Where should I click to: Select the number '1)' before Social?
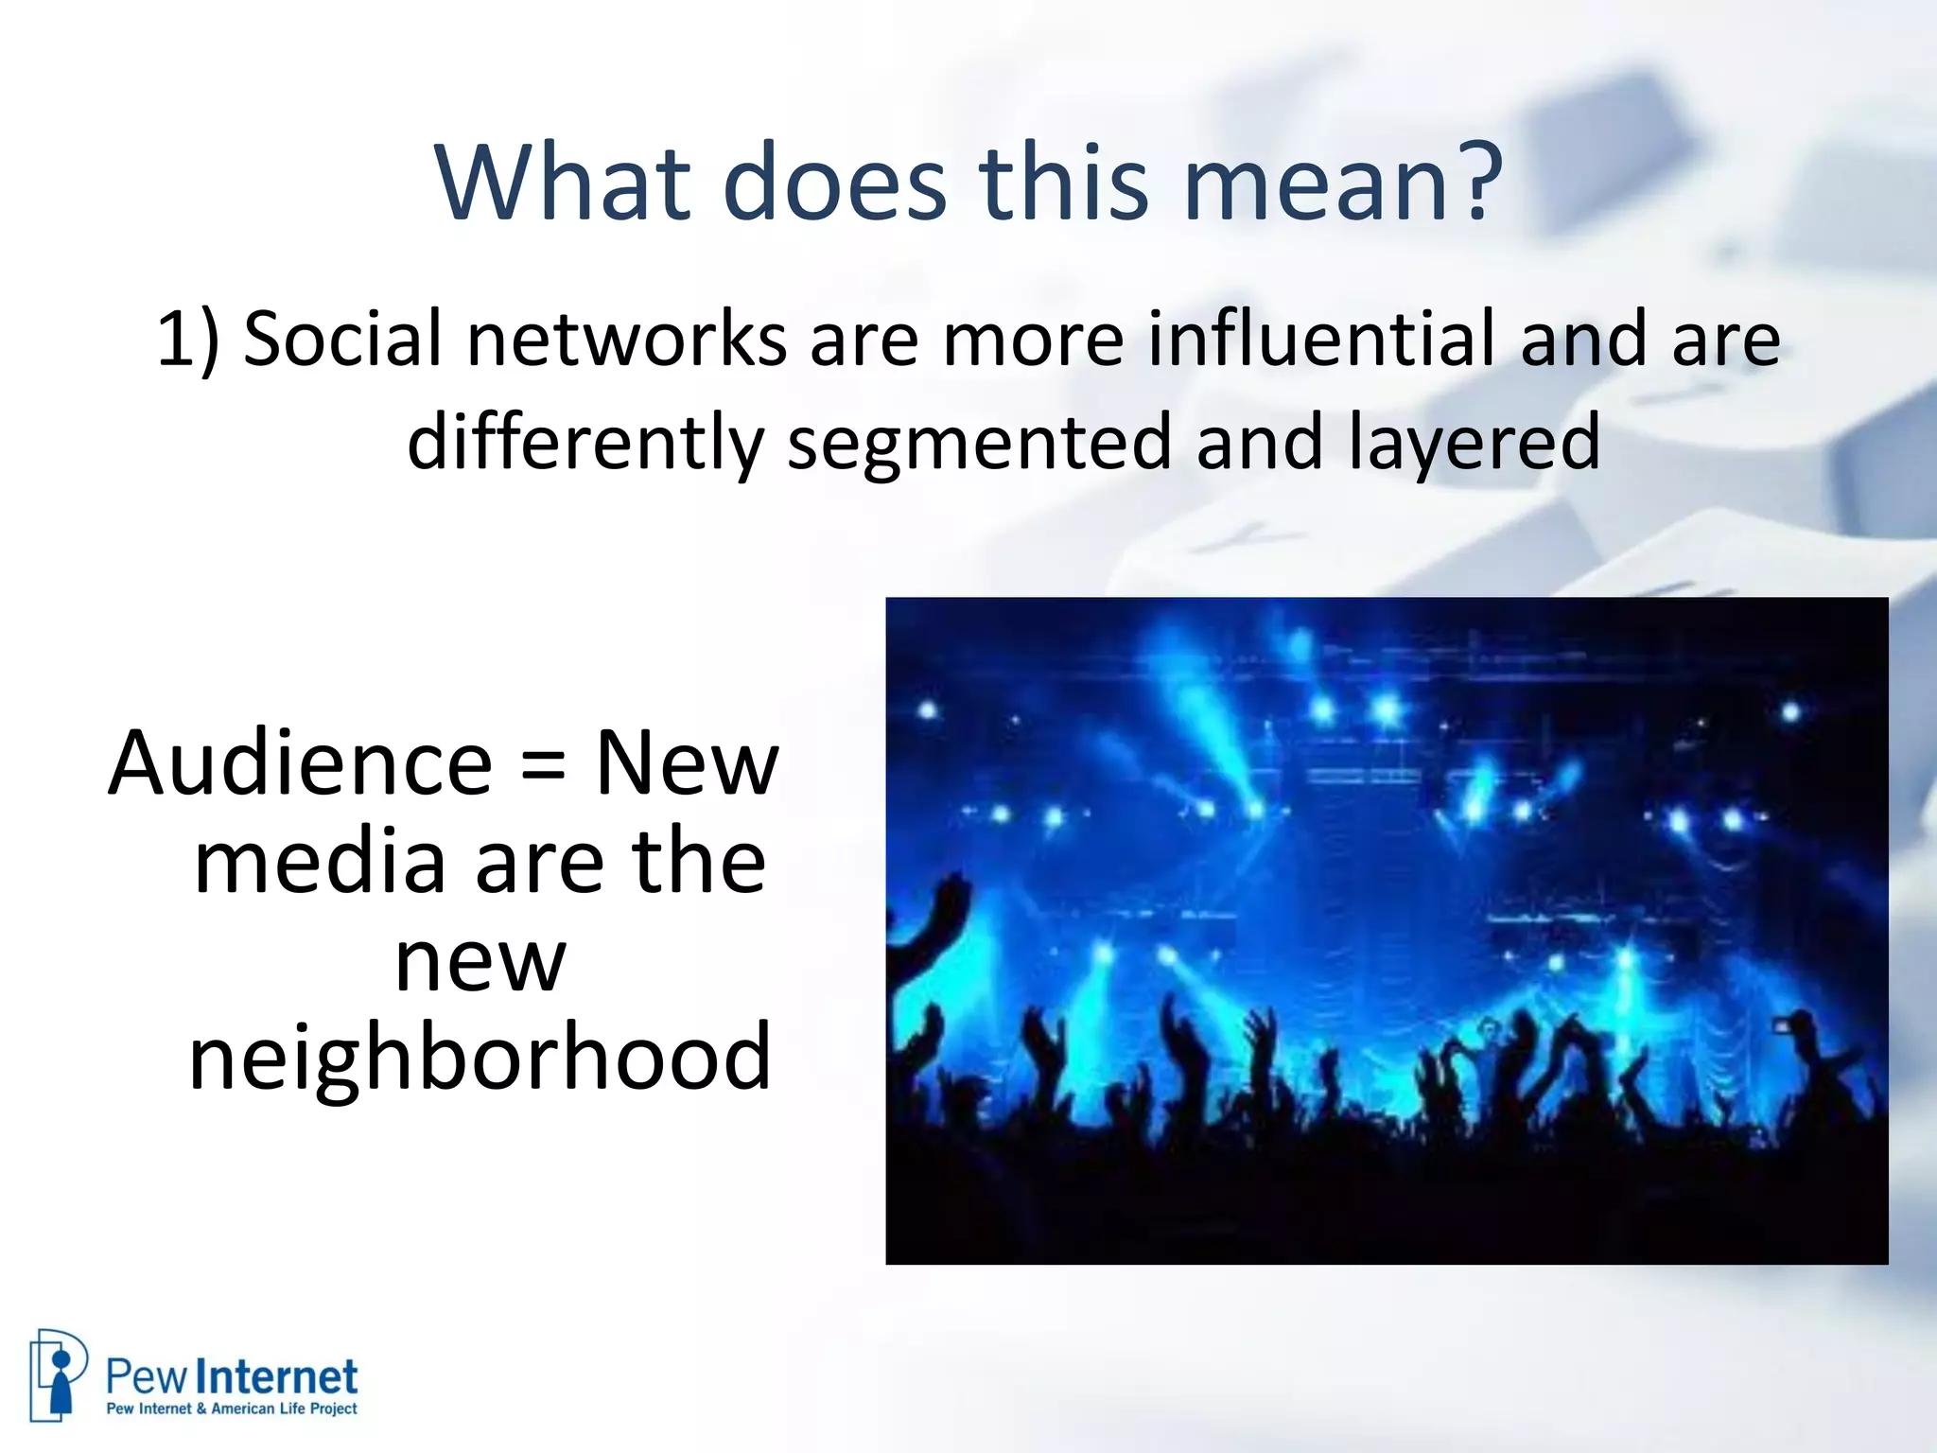[187, 339]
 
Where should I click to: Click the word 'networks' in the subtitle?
[626, 339]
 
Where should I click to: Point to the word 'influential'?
[1322, 339]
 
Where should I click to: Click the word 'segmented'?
[980, 443]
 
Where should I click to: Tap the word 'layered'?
[1474, 443]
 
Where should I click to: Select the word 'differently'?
[585, 443]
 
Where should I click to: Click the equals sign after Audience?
[544, 764]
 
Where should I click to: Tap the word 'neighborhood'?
[480, 1056]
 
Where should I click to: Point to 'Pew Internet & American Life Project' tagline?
[232, 1409]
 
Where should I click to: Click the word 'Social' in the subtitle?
[342, 339]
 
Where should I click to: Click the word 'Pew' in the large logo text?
[148, 1377]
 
